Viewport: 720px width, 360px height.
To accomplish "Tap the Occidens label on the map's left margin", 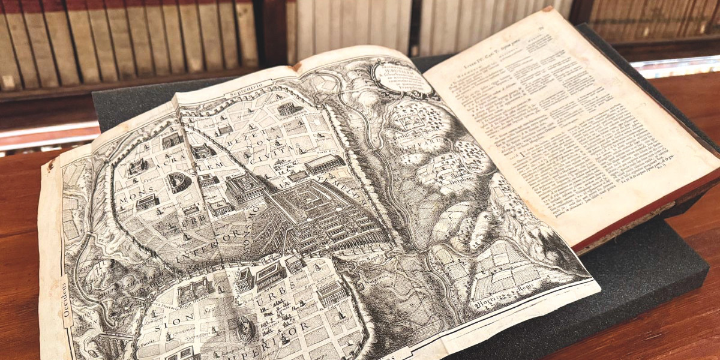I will [65, 301].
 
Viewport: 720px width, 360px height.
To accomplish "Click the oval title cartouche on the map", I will [402, 78].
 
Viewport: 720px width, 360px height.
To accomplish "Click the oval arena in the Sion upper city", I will [244, 328].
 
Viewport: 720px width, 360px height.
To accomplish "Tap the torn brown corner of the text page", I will [547, 10].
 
